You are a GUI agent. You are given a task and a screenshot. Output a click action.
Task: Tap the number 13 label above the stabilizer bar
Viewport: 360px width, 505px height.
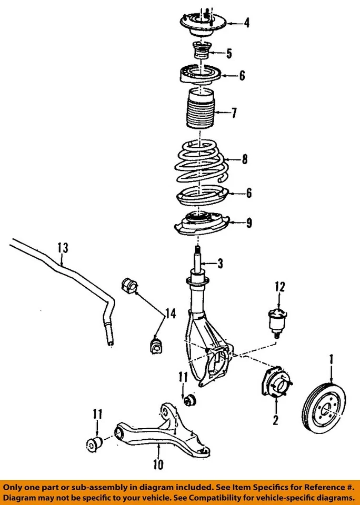click(63, 247)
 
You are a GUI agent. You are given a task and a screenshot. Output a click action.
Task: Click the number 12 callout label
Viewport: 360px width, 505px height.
click(279, 287)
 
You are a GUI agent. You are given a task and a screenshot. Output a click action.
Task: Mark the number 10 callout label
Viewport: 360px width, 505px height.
click(158, 464)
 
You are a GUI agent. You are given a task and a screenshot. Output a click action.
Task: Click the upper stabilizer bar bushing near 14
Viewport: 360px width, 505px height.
click(129, 286)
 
